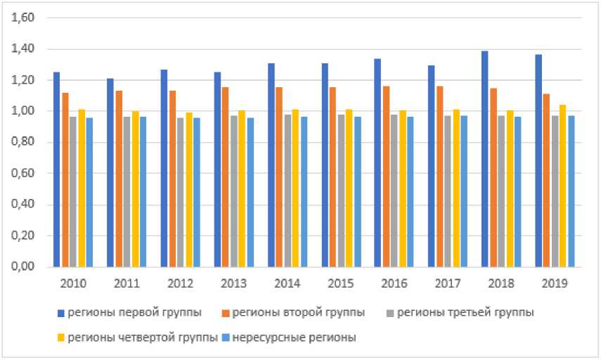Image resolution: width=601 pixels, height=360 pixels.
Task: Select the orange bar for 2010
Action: pyautogui.click(x=65, y=180)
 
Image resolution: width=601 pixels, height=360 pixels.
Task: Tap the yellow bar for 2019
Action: pyautogui.click(x=563, y=186)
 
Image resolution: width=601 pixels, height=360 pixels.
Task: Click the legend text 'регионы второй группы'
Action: pyautogui.click(x=298, y=312)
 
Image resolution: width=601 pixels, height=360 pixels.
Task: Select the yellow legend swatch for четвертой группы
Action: pyautogui.click(x=61, y=337)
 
